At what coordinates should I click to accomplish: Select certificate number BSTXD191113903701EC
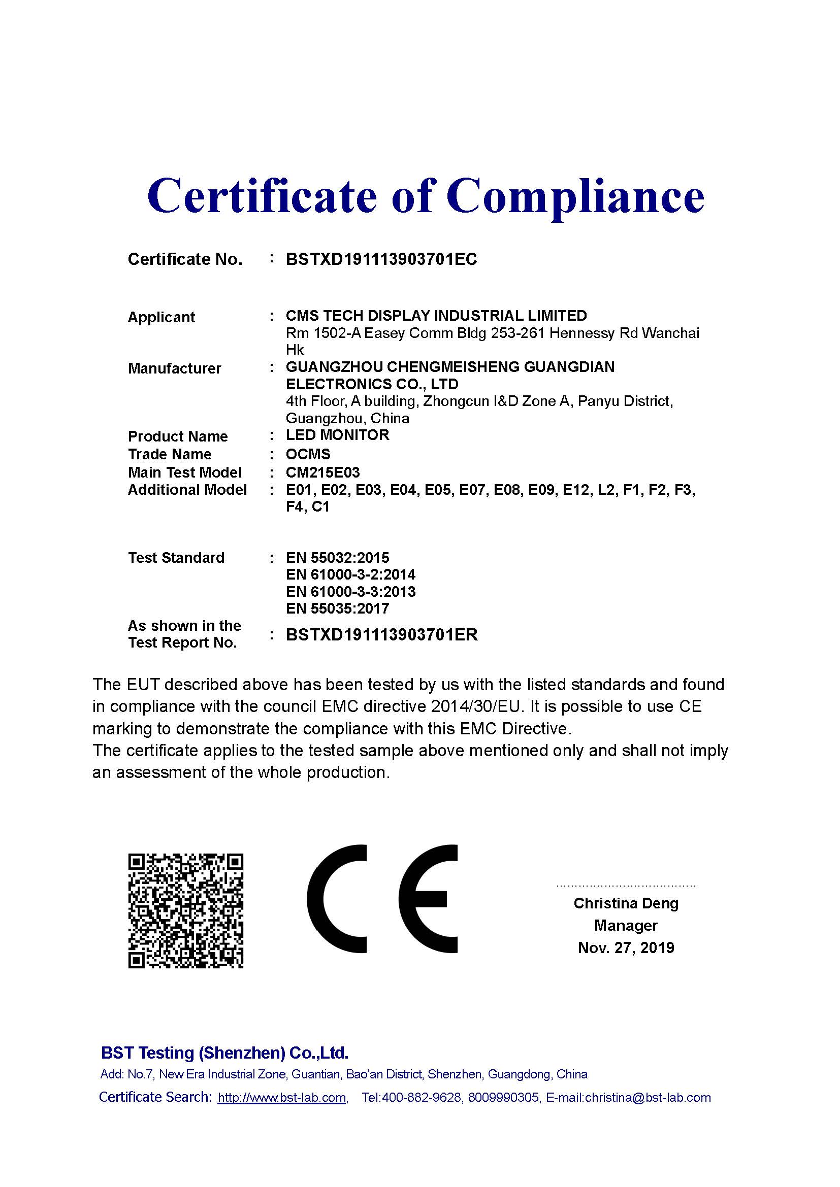point(381,259)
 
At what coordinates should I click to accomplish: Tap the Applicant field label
point(161,317)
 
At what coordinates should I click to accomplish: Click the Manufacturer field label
point(174,368)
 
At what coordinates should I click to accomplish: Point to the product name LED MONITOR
point(337,435)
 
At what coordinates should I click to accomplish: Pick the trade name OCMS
point(308,454)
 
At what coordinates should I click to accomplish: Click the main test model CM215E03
point(322,472)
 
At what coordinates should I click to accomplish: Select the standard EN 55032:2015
point(337,557)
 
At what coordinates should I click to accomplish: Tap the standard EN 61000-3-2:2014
point(350,574)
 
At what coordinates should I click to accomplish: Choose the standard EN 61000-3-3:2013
point(350,591)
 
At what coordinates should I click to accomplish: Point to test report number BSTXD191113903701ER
point(381,634)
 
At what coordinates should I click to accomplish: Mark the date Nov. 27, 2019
point(626,947)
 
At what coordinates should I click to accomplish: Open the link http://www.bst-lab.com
point(282,1098)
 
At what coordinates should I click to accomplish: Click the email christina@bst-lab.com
point(648,1098)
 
